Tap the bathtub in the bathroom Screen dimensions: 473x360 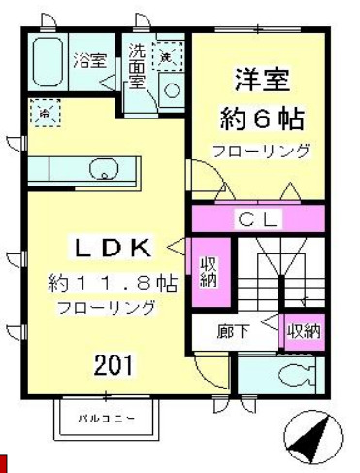tap(48, 62)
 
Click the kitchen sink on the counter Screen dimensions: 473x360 tap(103, 172)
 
